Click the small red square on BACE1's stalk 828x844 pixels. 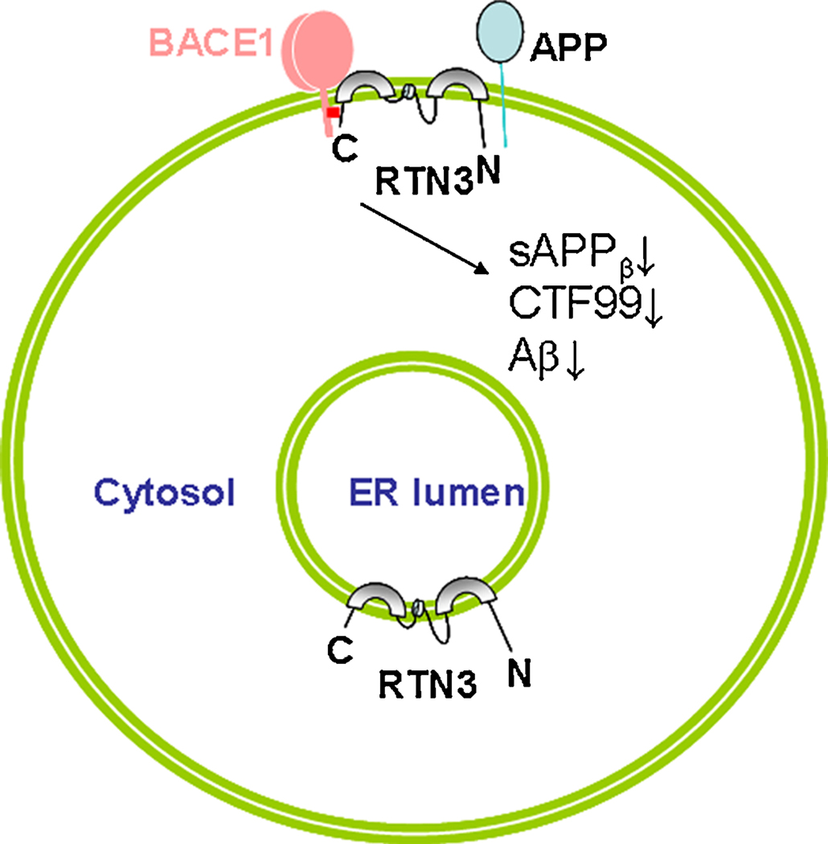coord(333,113)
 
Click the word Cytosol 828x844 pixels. coord(164,493)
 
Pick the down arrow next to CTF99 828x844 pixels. coord(654,309)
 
